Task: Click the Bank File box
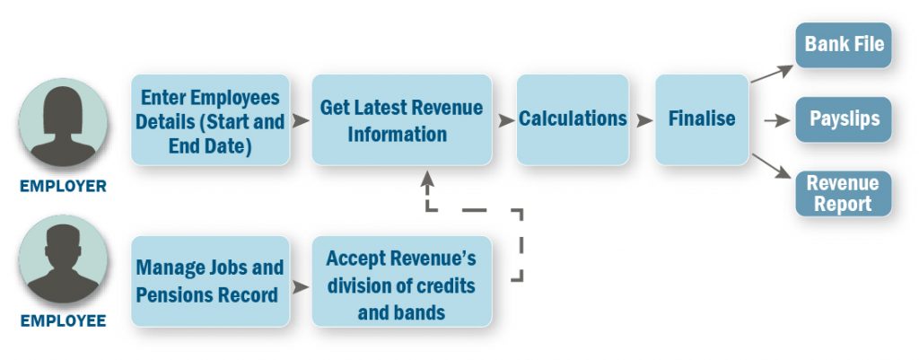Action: [x=843, y=45]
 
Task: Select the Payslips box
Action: [x=843, y=119]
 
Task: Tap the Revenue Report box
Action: [x=843, y=194]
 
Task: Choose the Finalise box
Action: [x=702, y=119]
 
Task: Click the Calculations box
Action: [x=573, y=119]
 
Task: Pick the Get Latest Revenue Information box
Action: [x=401, y=119]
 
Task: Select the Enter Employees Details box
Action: [x=210, y=119]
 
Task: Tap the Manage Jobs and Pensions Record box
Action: [x=210, y=281]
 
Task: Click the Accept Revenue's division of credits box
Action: [x=401, y=281]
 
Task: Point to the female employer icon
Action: [x=64, y=122]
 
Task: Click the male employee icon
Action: [x=64, y=259]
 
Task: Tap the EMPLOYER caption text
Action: [x=64, y=187]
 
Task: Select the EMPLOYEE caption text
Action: [x=64, y=321]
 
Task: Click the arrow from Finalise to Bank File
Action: [x=772, y=74]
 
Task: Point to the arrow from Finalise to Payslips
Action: [x=777, y=121]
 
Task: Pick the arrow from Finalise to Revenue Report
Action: [x=771, y=166]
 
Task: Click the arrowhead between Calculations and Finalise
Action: [x=644, y=121]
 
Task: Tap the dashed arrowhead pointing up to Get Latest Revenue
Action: [x=428, y=177]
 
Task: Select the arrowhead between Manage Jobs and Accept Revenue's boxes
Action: [x=301, y=286]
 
